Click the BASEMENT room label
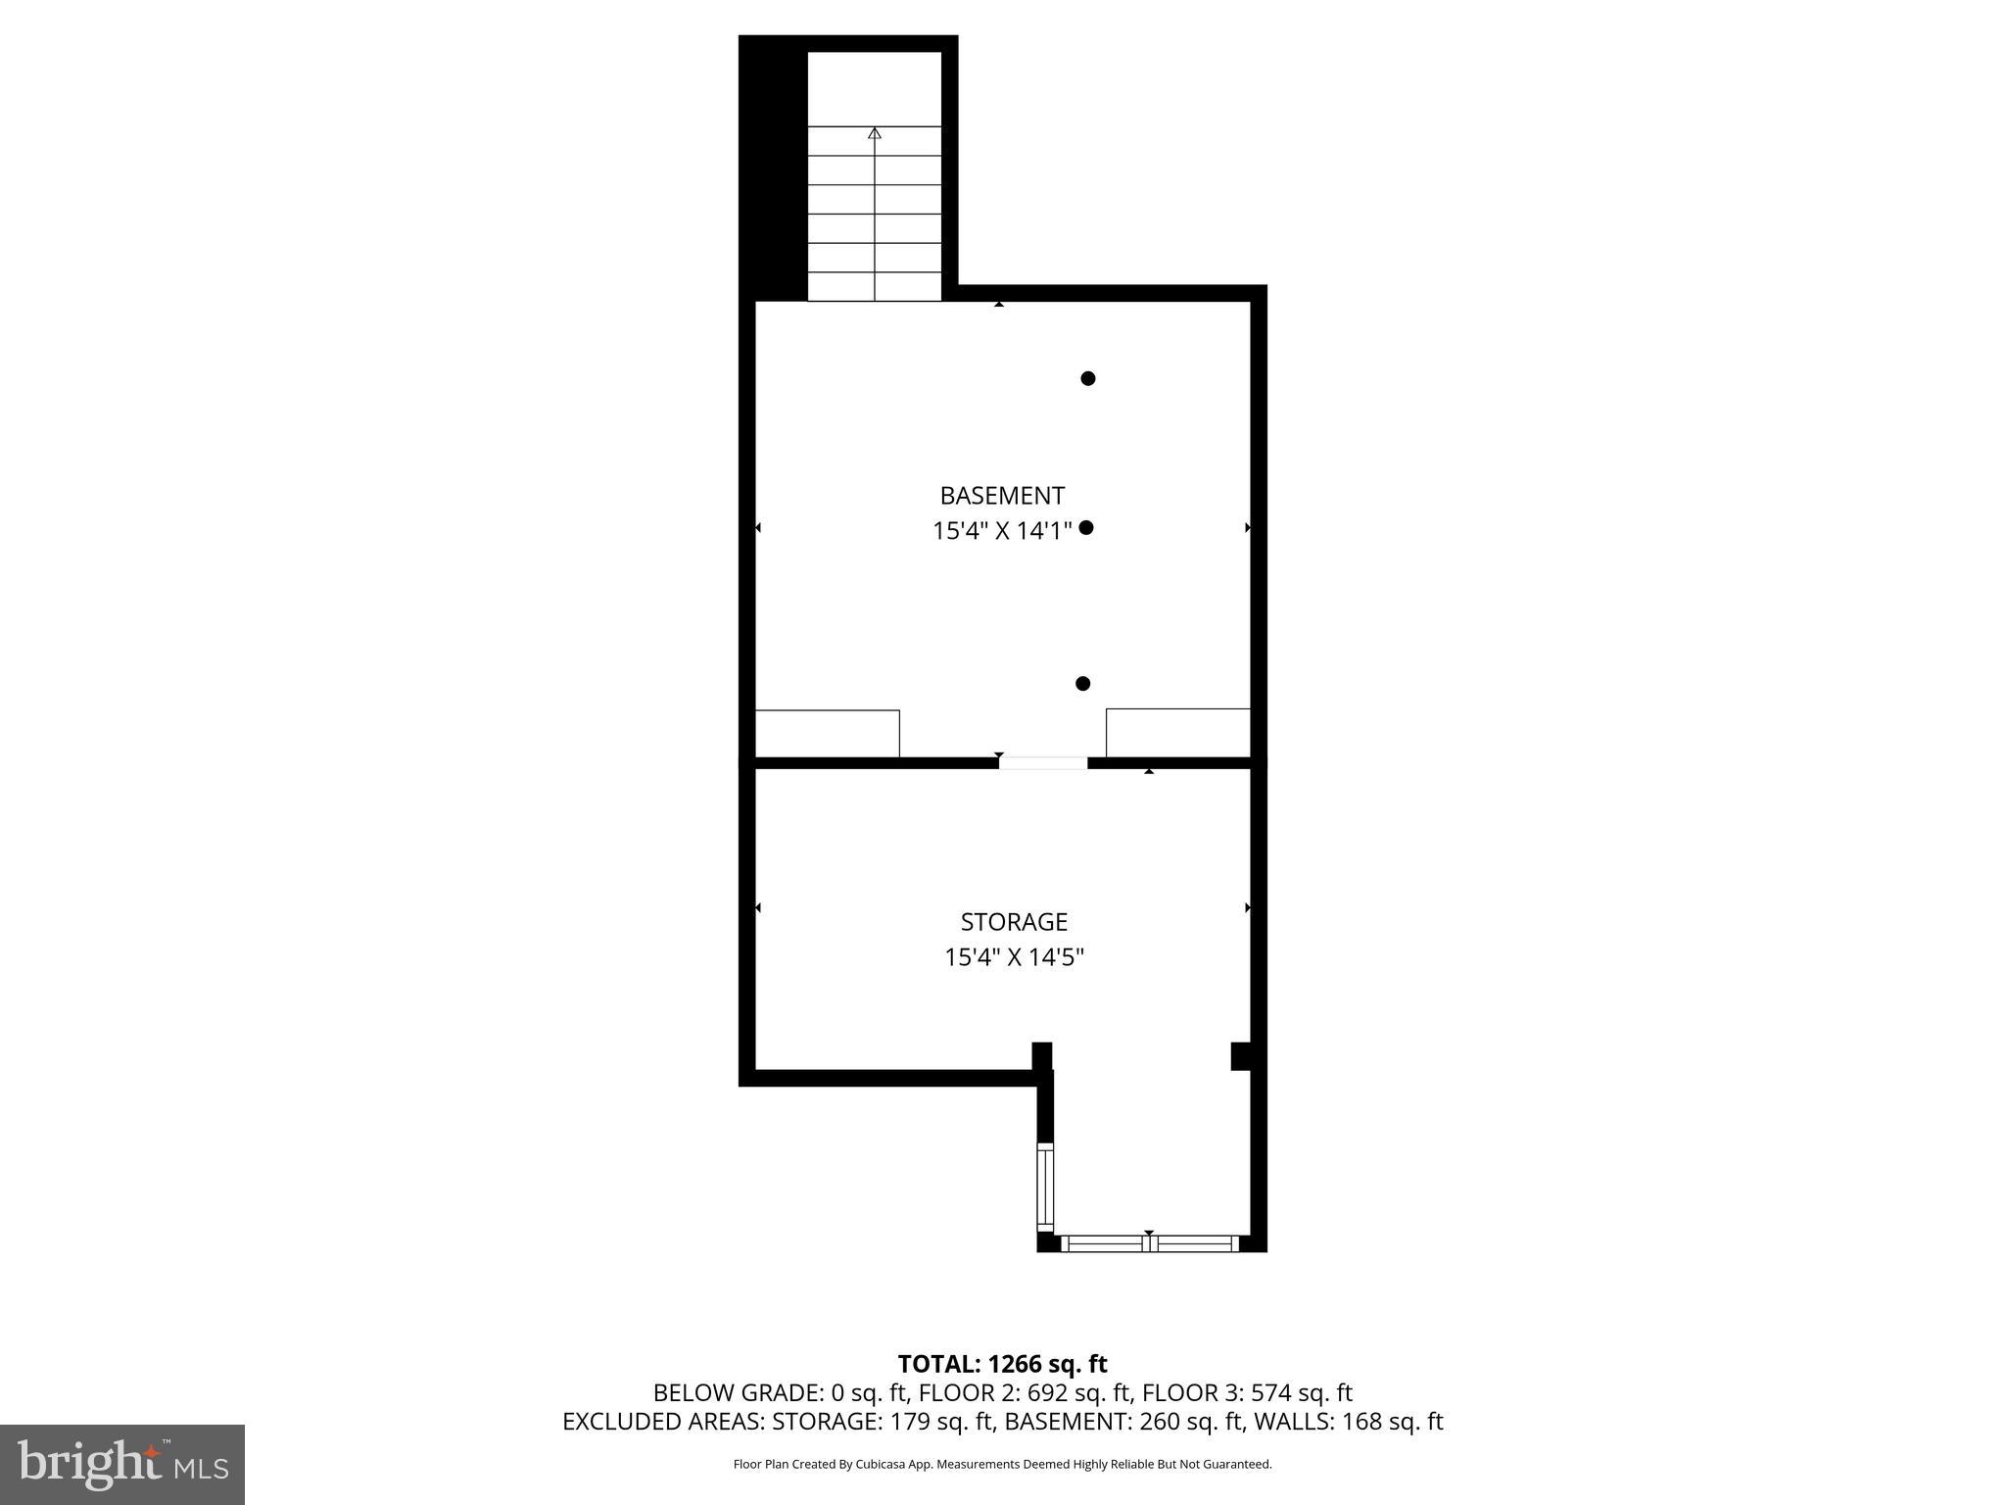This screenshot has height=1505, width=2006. (x=1001, y=496)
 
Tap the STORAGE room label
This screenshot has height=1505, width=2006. (x=1013, y=922)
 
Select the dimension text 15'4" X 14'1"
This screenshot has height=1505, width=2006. (x=1001, y=531)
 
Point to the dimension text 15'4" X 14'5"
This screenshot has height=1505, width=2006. (x=1013, y=957)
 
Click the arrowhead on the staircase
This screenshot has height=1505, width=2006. (x=875, y=133)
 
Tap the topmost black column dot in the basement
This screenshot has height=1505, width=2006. (x=1087, y=378)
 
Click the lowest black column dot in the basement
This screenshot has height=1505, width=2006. (x=1082, y=684)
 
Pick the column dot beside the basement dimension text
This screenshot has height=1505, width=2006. (x=1085, y=528)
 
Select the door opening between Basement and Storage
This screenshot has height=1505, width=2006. (x=1042, y=763)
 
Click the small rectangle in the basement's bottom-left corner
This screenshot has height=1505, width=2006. (x=827, y=734)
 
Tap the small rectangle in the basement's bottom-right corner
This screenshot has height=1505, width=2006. (x=1177, y=733)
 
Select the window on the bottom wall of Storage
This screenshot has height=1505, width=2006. (x=1150, y=1244)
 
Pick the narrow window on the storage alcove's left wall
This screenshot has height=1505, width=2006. (x=1045, y=1187)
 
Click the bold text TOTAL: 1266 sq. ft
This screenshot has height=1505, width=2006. (x=1002, y=1364)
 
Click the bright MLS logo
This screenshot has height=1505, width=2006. (x=122, y=1464)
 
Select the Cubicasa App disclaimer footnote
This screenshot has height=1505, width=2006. (x=1002, y=1465)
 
